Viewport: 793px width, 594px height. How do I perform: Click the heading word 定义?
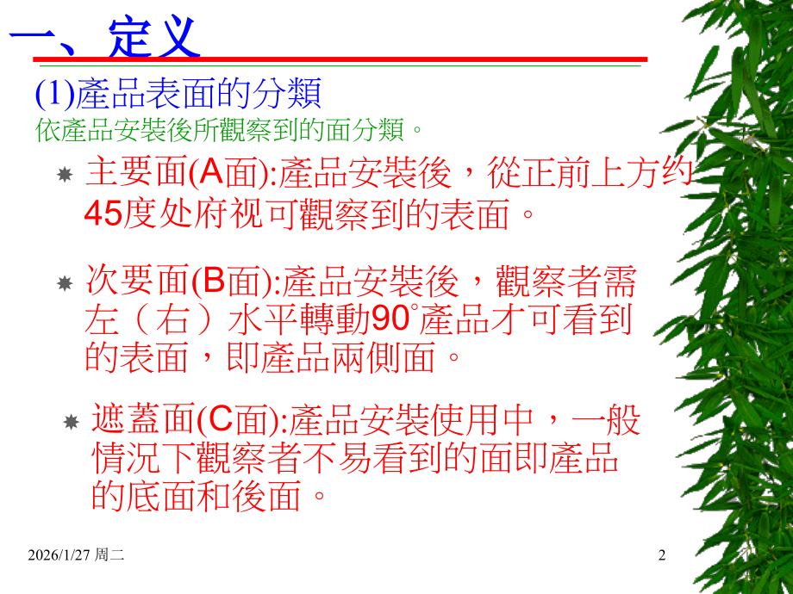click(x=156, y=35)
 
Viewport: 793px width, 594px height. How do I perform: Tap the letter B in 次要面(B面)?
click(x=212, y=281)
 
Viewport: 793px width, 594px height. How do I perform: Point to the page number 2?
click(x=662, y=556)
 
